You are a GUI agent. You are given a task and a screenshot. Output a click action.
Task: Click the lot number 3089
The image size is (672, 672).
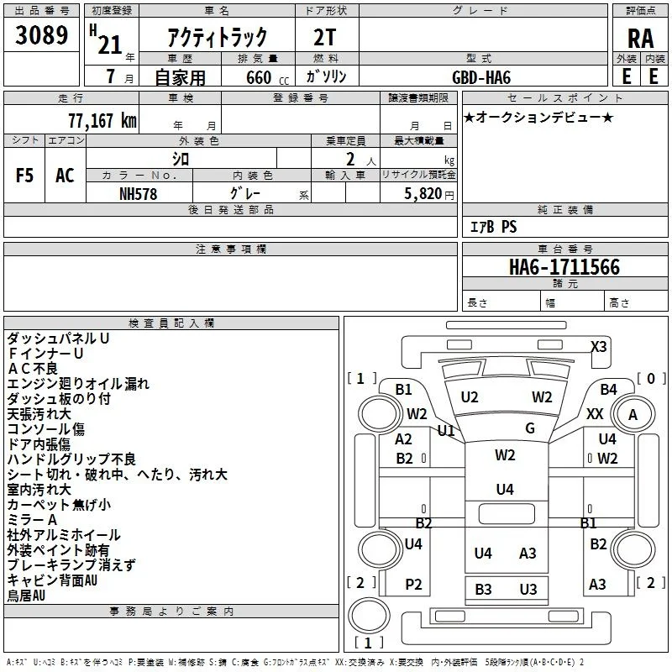(41, 34)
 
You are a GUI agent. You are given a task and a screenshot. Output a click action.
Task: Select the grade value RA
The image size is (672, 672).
(640, 39)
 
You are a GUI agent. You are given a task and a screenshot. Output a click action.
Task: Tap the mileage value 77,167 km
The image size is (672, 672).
(102, 121)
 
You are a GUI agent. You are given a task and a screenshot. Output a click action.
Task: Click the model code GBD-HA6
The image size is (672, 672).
(481, 77)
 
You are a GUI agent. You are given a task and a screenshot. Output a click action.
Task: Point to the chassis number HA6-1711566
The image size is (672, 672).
(564, 266)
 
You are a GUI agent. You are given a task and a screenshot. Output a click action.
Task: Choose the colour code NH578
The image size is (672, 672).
(138, 194)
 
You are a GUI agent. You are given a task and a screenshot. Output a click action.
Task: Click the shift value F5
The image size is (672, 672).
(24, 176)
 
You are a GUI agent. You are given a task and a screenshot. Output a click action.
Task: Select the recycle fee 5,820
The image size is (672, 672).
(423, 194)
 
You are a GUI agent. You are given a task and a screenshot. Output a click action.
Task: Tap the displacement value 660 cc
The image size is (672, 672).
(267, 77)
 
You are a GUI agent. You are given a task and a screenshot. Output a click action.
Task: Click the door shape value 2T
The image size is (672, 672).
(324, 38)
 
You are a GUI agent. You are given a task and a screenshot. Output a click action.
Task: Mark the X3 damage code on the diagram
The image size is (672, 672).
(598, 346)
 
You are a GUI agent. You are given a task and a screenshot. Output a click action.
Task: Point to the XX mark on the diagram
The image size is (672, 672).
(595, 414)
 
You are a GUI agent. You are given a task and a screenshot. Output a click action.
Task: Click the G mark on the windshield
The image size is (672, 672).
(530, 428)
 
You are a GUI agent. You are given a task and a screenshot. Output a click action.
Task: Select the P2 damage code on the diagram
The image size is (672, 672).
(413, 584)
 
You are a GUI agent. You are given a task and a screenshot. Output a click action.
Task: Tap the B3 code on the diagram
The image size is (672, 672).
(483, 590)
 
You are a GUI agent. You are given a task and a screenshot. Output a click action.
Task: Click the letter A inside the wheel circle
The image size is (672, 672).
(633, 415)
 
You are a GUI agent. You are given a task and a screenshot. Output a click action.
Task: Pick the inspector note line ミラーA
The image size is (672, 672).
(32, 520)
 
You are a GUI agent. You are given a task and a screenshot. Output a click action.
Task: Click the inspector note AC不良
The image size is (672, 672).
(33, 369)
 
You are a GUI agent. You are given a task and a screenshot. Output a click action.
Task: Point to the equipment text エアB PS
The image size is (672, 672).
(493, 227)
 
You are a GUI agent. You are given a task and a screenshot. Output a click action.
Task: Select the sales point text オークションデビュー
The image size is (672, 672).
(538, 117)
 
